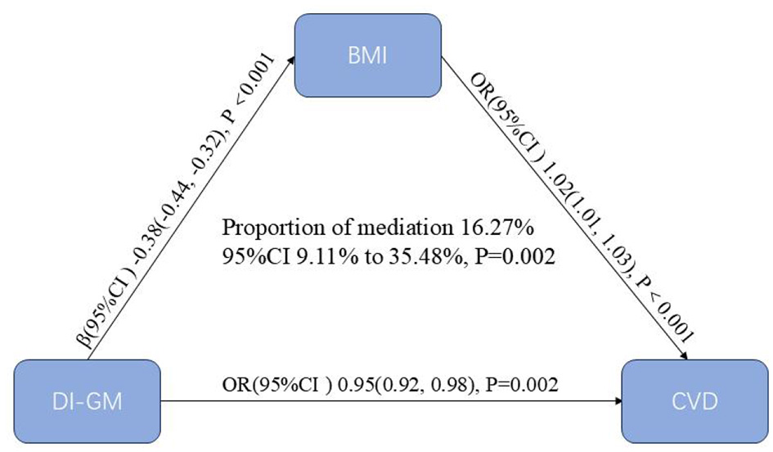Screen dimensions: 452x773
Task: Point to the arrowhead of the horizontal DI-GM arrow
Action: pos(618,401)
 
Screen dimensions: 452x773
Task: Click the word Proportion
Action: pos(263,224)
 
